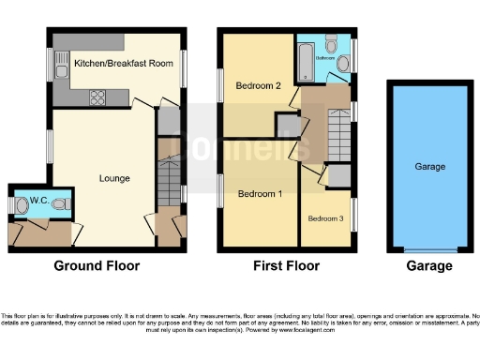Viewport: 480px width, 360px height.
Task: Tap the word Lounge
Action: pos(114,178)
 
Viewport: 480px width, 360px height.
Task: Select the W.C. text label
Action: pos(38,201)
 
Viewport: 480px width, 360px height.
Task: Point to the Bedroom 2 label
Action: pos(259,86)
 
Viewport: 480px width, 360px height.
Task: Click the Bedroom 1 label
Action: pos(259,194)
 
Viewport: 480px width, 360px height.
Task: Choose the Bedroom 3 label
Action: pos(325,218)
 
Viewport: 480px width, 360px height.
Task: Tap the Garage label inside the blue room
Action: pos(430,167)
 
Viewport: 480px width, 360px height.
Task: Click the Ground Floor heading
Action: pos(97,266)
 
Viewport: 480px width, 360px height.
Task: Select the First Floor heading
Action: pos(286,266)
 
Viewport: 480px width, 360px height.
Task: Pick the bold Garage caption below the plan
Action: pos(430,266)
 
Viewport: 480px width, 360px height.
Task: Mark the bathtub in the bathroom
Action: pos(304,62)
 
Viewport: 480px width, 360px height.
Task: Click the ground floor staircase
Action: pos(169,178)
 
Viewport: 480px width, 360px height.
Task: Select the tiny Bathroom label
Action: pos(324,57)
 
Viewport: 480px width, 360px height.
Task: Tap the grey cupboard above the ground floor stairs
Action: pos(169,121)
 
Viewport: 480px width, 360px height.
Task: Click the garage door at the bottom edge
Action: pos(430,250)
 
